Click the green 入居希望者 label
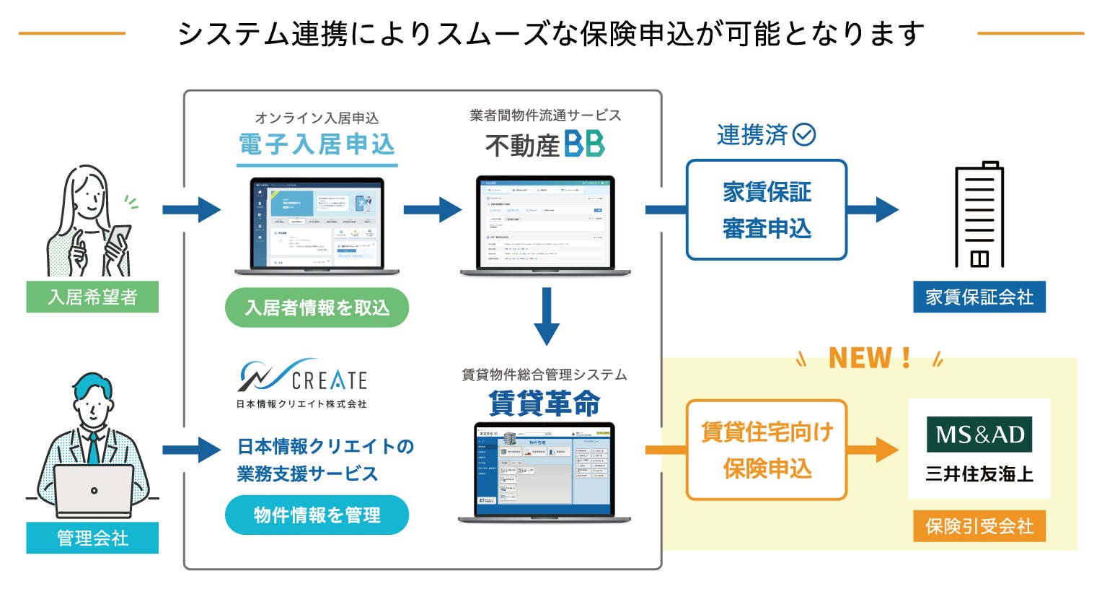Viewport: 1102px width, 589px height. pyautogui.click(x=92, y=297)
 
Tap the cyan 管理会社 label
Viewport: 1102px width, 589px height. pyautogui.click(x=92, y=538)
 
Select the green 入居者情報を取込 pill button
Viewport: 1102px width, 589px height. pyautogui.click(x=317, y=308)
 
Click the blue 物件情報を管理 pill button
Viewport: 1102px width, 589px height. pyautogui.click(x=317, y=515)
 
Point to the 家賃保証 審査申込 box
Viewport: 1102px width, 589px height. pyautogui.click(x=766, y=210)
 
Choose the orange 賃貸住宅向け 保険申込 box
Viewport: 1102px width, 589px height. pyautogui.click(x=766, y=450)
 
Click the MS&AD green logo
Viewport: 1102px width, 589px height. pyautogui.click(x=979, y=434)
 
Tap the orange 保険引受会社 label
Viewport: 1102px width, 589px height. pyautogui.click(x=979, y=526)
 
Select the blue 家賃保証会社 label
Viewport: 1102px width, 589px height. pyautogui.click(x=979, y=297)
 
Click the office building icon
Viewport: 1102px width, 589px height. pyautogui.click(x=979, y=214)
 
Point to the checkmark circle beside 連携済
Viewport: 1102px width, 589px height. pyautogui.click(x=804, y=134)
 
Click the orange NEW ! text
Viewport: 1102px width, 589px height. pyautogui.click(x=870, y=358)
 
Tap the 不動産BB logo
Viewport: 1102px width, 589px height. pyautogui.click(x=545, y=144)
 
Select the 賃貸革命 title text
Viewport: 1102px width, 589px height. pyautogui.click(x=545, y=403)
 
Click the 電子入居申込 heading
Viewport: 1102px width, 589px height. pyautogui.click(x=317, y=144)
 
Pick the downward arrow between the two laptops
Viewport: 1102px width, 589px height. pyautogui.click(x=547, y=316)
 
